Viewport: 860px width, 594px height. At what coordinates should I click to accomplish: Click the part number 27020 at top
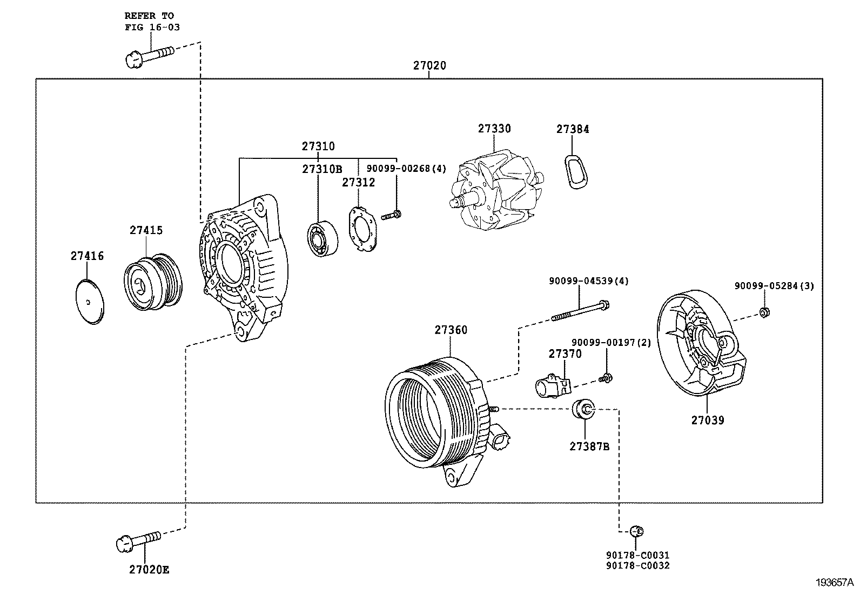tap(429, 65)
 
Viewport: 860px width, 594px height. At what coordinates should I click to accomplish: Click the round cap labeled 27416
tap(89, 302)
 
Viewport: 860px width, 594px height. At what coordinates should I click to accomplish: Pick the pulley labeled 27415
tap(153, 282)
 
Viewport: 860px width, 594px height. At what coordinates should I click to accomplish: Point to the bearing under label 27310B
tap(322, 239)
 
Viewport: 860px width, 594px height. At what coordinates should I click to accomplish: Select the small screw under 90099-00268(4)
tap(391, 216)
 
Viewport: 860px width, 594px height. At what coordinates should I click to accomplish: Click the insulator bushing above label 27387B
tap(583, 409)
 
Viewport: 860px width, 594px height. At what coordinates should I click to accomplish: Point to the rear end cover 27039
tap(700, 344)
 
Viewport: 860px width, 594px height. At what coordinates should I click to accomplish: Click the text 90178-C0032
tap(637, 565)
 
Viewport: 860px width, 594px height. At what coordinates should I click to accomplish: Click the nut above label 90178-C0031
tap(636, 531)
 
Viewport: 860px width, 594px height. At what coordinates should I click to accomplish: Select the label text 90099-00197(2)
tap(611, 342)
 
